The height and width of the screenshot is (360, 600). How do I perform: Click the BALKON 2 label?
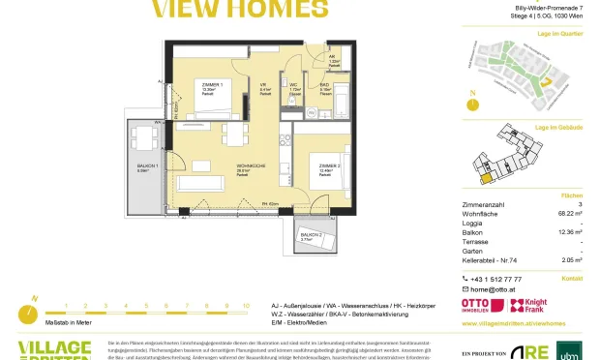pos(311,235)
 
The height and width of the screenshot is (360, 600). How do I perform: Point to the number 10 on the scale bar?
pos(246,306)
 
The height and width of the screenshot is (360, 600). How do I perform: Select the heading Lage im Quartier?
pos(560,33)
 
